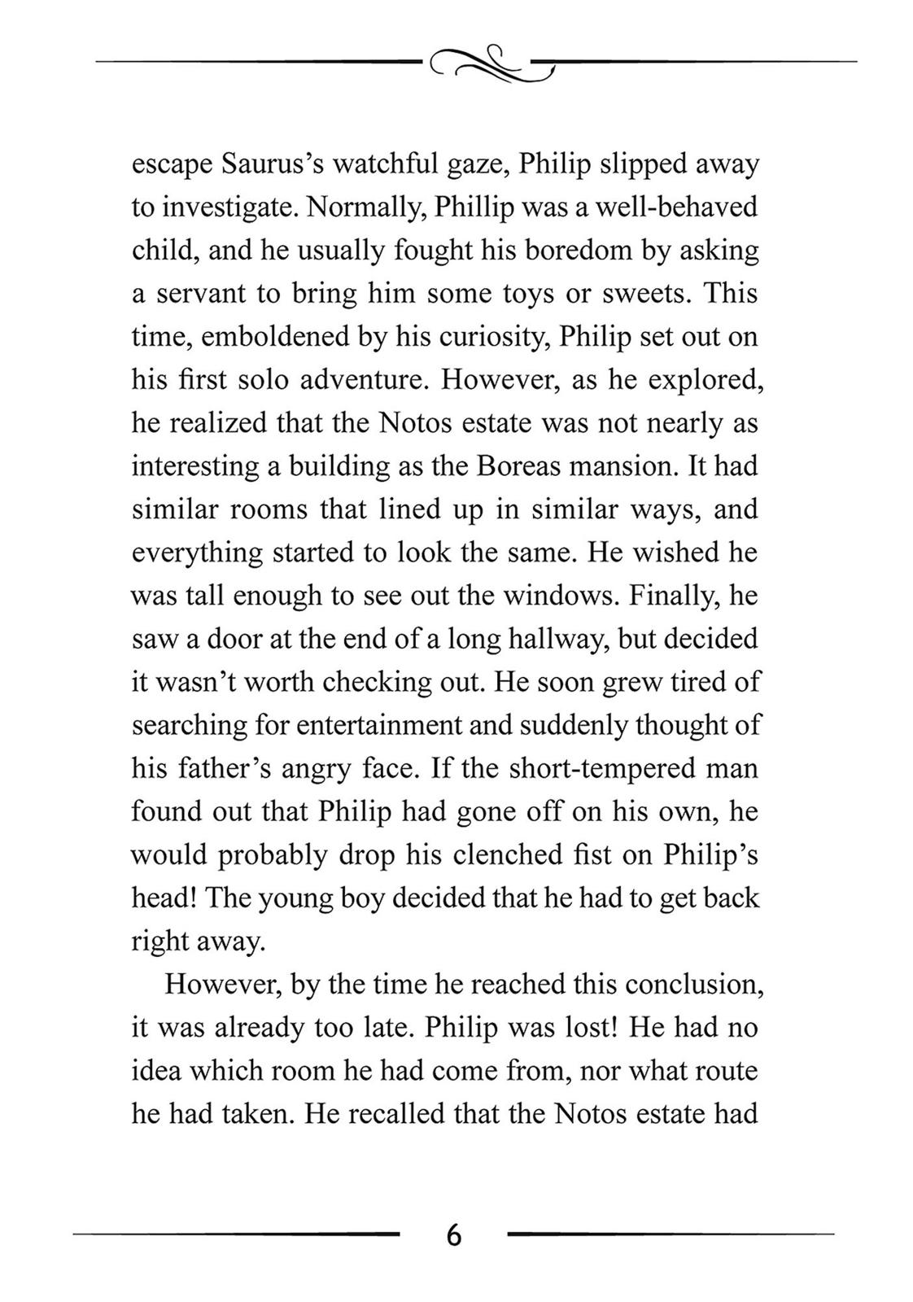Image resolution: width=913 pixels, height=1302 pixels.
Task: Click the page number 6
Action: [454, 1235]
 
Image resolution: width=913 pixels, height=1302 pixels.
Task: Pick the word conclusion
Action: [698, 984]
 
